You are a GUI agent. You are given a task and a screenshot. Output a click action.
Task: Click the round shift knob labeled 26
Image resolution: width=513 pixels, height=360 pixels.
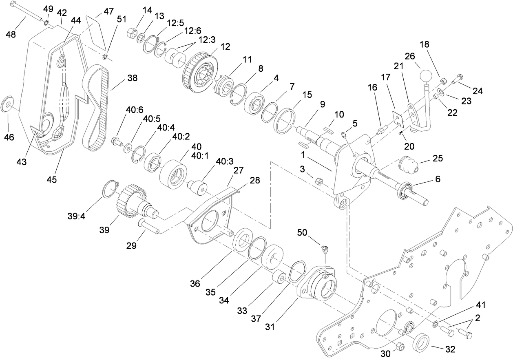(x=426, y=75)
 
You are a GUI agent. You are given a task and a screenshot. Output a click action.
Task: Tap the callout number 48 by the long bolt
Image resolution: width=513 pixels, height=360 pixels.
(x=11, y=35)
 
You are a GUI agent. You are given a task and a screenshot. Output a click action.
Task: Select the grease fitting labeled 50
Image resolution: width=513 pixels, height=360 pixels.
(x=325, y=249)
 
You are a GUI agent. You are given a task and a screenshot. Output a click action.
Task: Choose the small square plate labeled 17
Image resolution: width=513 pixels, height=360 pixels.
(x=397, y=117)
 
